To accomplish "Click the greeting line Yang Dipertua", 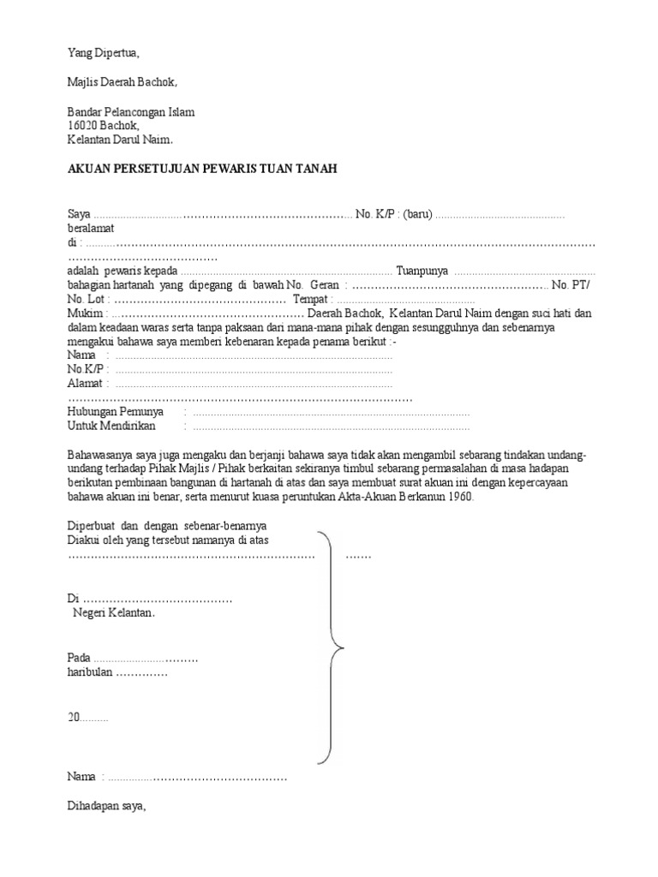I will (103, 53).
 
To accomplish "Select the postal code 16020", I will (83, 125).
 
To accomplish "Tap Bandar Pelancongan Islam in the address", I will (131, 111).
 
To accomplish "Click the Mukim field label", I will (84, 313).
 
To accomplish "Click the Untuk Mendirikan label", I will (111, 426).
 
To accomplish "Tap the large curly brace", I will (331, 646).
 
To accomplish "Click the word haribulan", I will (90, 672).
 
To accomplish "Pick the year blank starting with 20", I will (87, 719).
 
